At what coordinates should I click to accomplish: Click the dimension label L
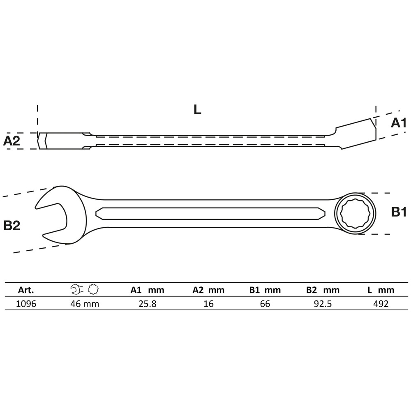pos(197,109)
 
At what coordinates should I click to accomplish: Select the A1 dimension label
pos(398,122)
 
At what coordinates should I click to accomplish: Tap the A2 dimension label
pos(12,141)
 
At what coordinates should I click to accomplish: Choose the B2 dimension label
pos(12,225)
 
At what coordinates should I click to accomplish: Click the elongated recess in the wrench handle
pos(210,213)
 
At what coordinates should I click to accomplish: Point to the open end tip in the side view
pos(43,141)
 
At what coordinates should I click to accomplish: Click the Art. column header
pos(26,290)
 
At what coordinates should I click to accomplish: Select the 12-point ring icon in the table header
pos(92,290)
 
